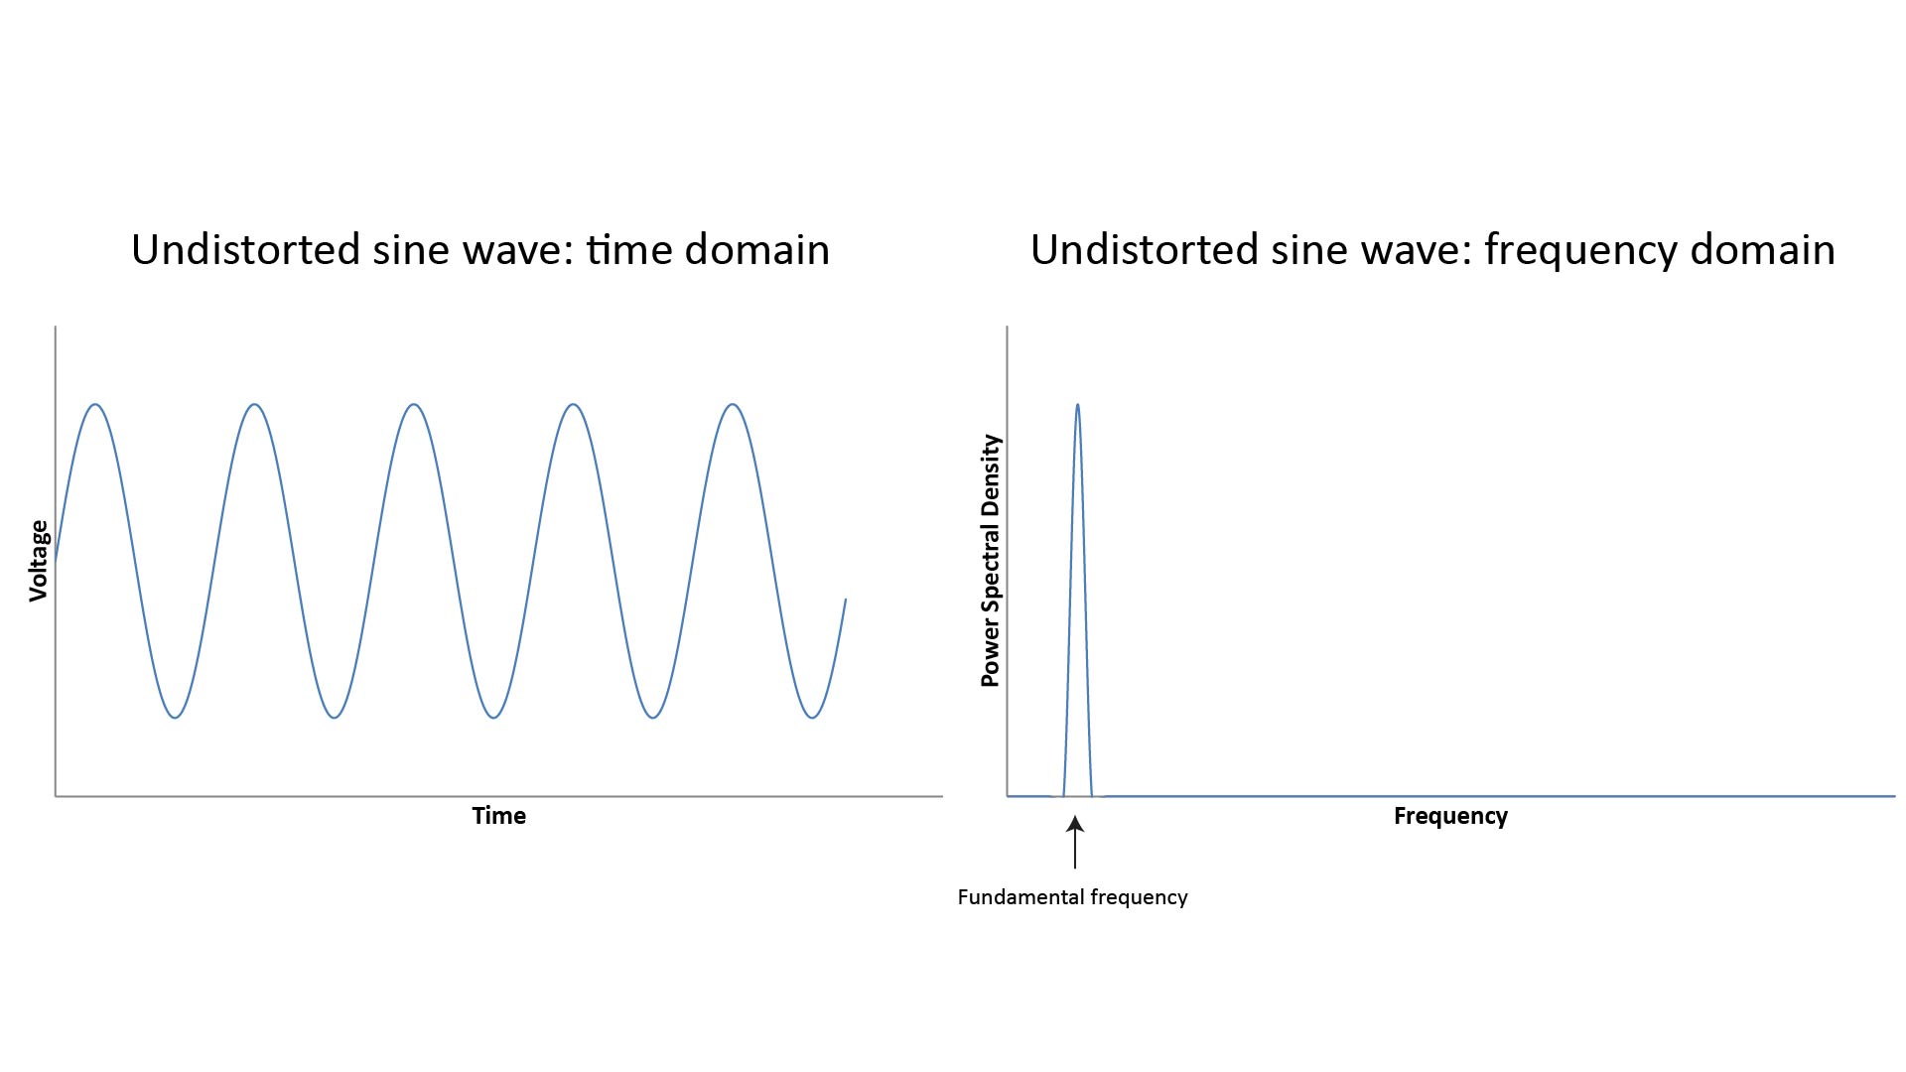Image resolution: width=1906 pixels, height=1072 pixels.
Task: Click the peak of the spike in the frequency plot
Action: click(x=1077, y=404)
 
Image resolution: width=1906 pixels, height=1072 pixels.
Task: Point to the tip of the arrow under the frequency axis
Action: click(x=1075, y=816)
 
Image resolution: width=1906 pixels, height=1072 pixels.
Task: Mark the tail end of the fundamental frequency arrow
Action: click(x=1075, y=869)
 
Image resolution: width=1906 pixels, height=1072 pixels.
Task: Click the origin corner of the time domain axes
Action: click(x=56, y=795)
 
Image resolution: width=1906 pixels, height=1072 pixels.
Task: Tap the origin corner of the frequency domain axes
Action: click(x=1008, y=795)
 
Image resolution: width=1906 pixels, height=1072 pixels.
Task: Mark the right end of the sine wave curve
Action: click(x=846, y=599)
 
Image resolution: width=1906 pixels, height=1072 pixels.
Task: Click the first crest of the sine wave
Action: click(x=95, y=404)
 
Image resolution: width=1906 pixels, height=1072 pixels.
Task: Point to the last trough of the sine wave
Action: click(x=813, y=718)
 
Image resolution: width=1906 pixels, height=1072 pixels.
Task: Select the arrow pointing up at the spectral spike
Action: click(x=1075, y=842)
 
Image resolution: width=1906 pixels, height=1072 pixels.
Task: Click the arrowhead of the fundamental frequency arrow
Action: click(x=1075, y=824)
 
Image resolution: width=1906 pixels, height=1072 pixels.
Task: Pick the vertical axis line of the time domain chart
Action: click(x=56, y=561)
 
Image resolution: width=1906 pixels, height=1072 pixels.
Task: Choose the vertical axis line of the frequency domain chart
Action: click(x=1008, y=561)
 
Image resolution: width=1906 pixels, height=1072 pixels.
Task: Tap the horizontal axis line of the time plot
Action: click(x=499, y=795)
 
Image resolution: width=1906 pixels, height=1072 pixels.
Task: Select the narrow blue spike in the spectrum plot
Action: click(x=1077, y=600)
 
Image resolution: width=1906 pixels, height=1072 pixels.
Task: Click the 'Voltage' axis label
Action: click(x=39, y=561)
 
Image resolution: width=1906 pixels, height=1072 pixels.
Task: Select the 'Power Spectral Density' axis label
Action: click(x=990, y=561)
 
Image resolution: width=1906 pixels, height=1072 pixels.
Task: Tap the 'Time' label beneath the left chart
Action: click(x=499, y=816)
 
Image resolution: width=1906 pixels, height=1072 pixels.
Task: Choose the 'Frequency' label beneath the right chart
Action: click(x=1450, y=816)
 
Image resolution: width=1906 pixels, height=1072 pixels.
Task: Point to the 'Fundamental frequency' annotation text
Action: click(x=1072, y=897)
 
